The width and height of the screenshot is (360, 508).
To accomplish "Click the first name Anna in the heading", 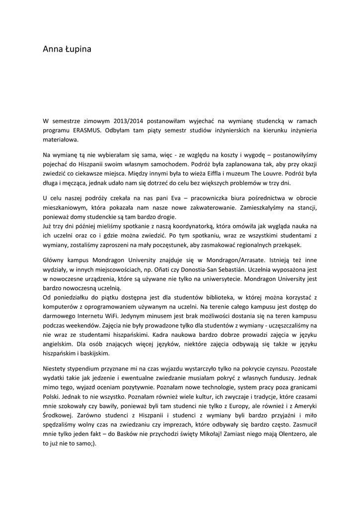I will [53, 50].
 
